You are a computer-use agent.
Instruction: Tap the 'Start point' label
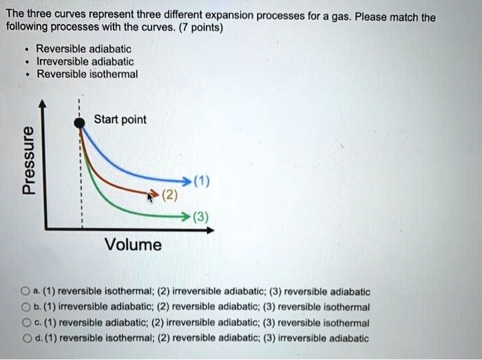pos(120,120)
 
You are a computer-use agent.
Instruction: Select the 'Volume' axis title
pos(133,244)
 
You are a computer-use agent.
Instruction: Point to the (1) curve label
pos(202,182)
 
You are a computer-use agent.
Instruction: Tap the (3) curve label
pos(202,218)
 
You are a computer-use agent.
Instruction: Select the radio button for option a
pos(25,292)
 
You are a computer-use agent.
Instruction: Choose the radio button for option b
pos(25,307)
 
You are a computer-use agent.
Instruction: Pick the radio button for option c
pos(25,323)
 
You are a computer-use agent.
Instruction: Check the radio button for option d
pos(25,338)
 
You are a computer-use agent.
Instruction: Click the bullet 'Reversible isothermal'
pos(87,74)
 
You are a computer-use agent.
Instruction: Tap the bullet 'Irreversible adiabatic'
pos(85,61)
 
